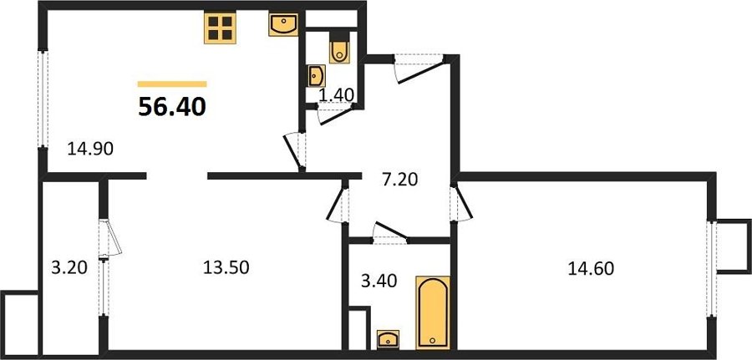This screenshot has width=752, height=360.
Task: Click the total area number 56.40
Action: pos(172,107)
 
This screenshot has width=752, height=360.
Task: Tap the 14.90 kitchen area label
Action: pos(90,150)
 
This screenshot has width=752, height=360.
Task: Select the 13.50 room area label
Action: pos(226,267)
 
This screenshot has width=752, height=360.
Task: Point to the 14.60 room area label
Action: pos(591,268)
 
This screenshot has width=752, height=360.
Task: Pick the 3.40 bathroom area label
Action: pos(379,281)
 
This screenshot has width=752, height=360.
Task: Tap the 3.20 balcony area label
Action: pos(69,267)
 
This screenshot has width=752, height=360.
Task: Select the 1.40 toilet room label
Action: pos(337,95)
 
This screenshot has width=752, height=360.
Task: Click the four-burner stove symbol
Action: pos(220,28)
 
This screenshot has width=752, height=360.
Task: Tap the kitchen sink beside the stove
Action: pos(283,25)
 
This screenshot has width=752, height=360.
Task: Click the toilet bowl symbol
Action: pos(339,47)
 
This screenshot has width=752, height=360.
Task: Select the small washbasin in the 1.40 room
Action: pos(317,76)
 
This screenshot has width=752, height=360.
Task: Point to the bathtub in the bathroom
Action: pos(433,312)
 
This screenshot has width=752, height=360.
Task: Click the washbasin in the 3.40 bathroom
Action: pos(388,339)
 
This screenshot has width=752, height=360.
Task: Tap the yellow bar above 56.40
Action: pos(172,84)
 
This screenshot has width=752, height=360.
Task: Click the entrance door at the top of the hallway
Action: pos(419,68)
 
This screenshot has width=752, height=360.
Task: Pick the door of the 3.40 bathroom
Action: pos(390,233)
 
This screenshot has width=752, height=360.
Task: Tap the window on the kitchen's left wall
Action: pos(43,99)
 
